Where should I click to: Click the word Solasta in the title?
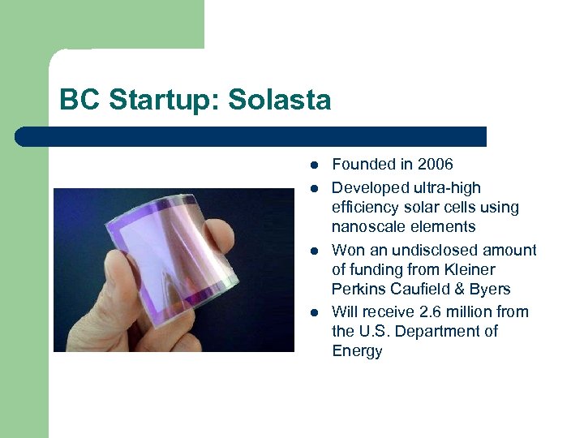(281, 100)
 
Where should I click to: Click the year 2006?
(436, 165)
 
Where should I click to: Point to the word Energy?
(357, 350)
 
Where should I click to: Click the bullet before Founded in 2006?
(312, 165)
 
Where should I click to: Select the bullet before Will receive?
(312, 312)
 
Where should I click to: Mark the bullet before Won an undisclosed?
(312, 251)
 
